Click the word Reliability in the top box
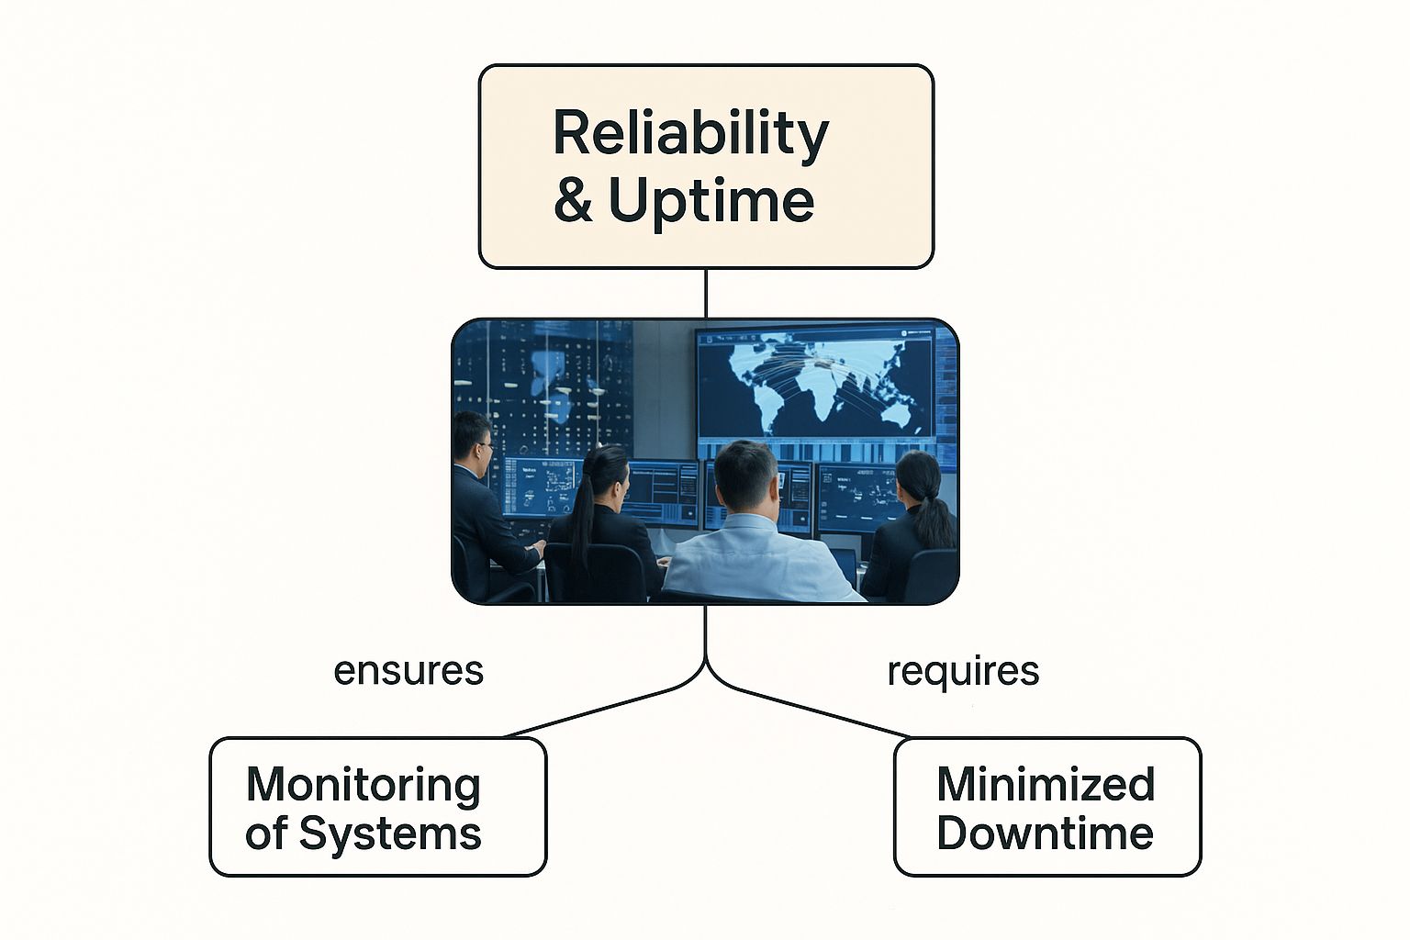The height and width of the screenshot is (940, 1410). coord(690,134)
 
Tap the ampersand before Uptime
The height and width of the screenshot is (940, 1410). coord(573,200)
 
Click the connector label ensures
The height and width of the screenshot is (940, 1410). coord(408,671)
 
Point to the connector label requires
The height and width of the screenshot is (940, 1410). coord(963,671)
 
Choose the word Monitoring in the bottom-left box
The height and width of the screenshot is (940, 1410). coord(364,785)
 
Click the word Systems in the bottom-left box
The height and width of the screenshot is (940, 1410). coord(390,834)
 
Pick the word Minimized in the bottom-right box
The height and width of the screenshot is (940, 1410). coord(1046,785)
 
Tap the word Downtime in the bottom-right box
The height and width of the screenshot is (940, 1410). coord(1046,834)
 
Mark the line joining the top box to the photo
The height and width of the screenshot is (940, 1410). coord(705,293)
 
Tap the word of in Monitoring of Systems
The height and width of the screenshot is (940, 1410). coord(266,834)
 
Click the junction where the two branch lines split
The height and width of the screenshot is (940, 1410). coord(705,663)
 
